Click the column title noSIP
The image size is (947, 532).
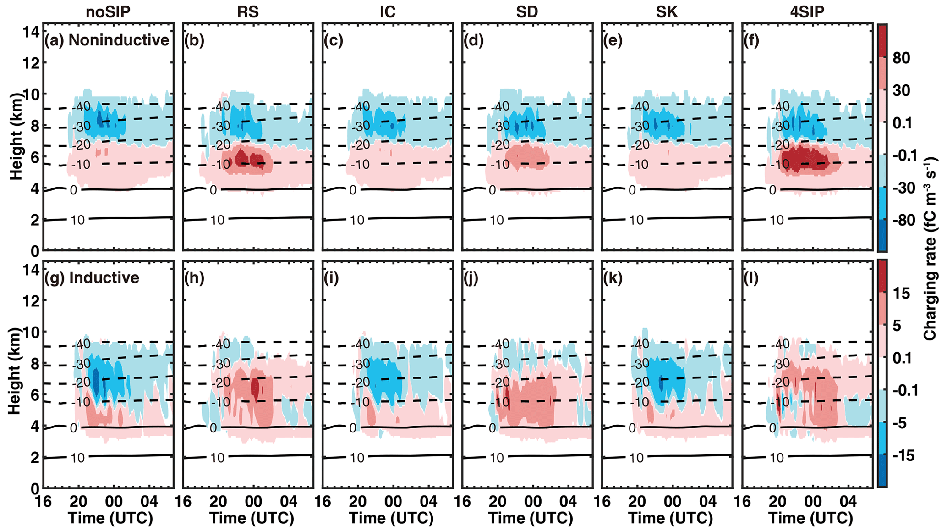(x=108, y=12)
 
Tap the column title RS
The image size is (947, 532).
(x=248, y=12)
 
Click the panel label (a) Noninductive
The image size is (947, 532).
(x=107, y=40)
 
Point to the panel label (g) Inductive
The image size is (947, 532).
(x=92, y=278)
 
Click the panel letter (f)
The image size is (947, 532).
(x=752, y=40)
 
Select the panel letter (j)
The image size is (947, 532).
(x=472, y=278)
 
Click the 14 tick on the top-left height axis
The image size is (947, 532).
(x=31, y=32)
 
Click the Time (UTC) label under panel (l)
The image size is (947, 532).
(x=810, y=518)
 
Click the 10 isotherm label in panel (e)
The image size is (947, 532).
(x=636, y=220)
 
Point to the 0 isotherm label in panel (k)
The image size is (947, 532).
(x=632, y=428)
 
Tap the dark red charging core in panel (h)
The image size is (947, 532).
(x=255, y=388)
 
